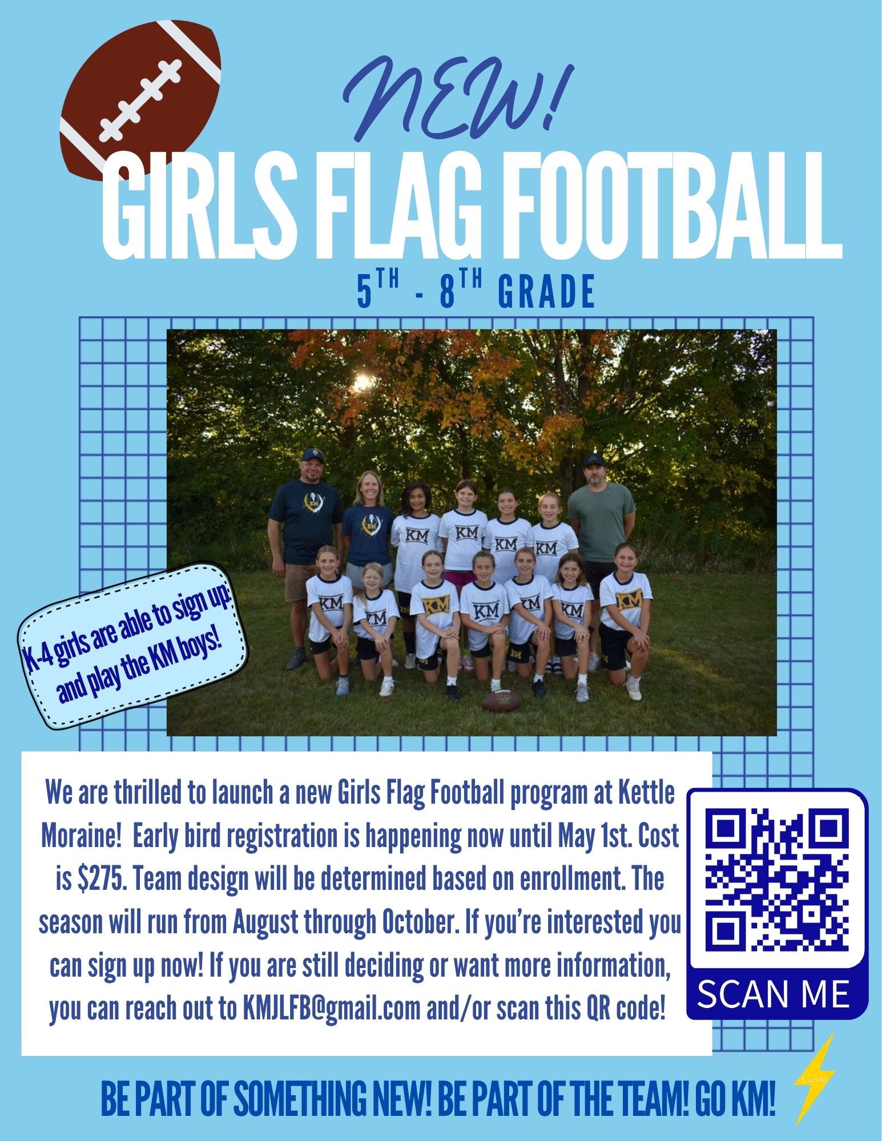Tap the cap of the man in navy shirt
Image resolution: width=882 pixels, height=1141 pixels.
312,454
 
